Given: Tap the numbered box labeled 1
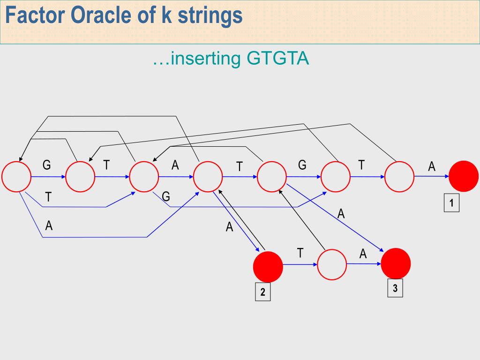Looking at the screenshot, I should click(x=451, y=203).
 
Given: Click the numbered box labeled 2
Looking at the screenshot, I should click(x=262, y=292).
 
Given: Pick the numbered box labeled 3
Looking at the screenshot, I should click(x=395, y=289).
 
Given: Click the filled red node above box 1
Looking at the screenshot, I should click(x=464, y=176).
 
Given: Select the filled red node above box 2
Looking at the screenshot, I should click(x=268, y=266).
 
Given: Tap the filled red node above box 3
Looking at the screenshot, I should click(x=396, y=263).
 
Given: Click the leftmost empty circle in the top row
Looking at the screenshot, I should click(x=16, y=177).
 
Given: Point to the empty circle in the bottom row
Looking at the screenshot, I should click(x=332, y=265).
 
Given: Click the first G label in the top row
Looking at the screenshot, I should click(x=46, y=165).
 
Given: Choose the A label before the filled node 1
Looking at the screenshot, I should click(x=432, y=166).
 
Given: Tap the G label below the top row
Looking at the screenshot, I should click(x=166, y=197).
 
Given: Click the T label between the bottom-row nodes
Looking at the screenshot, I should click(x=300, y=253).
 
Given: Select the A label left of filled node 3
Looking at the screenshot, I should click(x=363, y=254).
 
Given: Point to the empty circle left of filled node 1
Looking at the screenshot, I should click(x=399, y=176).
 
